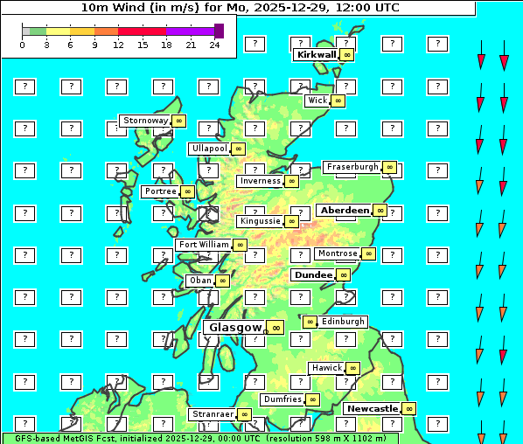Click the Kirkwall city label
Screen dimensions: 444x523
[x=316, y=54]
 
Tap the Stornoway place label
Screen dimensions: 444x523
[x=144, y=121]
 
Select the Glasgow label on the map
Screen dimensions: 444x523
[x=234, y=328]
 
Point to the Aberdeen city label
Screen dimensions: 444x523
[x=345, y=211]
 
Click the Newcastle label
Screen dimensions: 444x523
[x=373, y=409]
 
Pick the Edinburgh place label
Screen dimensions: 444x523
[x=342, y=322]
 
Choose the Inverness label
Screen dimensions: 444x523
[x=260, y=182]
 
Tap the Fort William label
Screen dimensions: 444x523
[x=204, y=245]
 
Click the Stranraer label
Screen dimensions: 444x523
[x=213, y=414]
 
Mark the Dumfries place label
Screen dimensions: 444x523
[x=282, y=399]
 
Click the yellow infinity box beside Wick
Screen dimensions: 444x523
[x=338, y=101]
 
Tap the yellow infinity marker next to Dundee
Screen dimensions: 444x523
[x=343, y=275]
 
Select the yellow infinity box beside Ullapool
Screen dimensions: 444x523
[x=238, y=149]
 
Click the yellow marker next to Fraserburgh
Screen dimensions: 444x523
[x=389, y=167]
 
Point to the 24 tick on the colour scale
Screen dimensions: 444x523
[x=214, y=45]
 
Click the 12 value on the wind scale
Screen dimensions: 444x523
[x=118, y=45]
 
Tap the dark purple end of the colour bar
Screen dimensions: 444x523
[x=219, y=31]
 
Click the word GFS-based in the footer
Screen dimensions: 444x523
[x=38, y=438]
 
